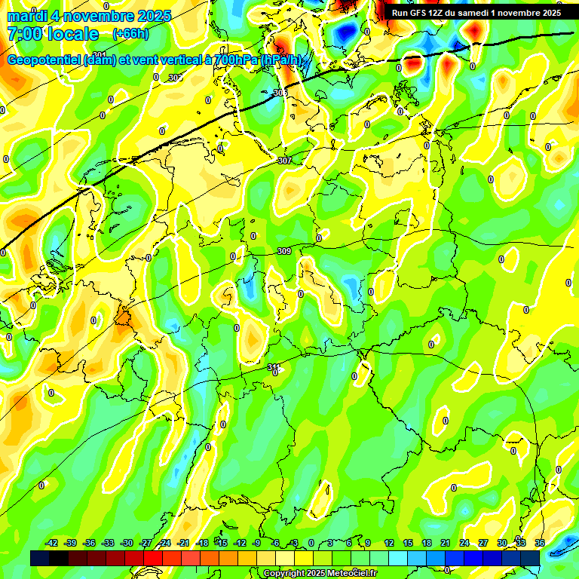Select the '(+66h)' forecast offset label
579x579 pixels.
tap(130, 34)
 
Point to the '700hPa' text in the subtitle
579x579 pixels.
tap(236, 60)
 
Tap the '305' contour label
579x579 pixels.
tap(280, 93)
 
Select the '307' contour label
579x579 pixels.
tap(284, 161)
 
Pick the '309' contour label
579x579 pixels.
tap(283, 251)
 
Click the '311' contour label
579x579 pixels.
tap(274, 367)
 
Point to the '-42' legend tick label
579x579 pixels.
tap(52, 544)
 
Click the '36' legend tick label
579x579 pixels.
tap(540, 544)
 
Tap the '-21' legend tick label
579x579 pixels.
tap(183, 544)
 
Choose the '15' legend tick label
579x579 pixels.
tap(408, 544)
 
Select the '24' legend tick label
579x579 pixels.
tap(464, 544)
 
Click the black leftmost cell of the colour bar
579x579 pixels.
tap(40, 558)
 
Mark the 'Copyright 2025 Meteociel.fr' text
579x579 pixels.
tap(320, 574)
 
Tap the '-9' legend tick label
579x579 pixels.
tap(257, 544)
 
